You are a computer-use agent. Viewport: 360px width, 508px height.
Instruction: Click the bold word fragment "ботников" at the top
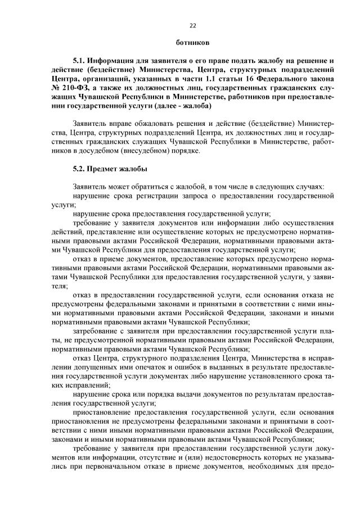tap(192, 43)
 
